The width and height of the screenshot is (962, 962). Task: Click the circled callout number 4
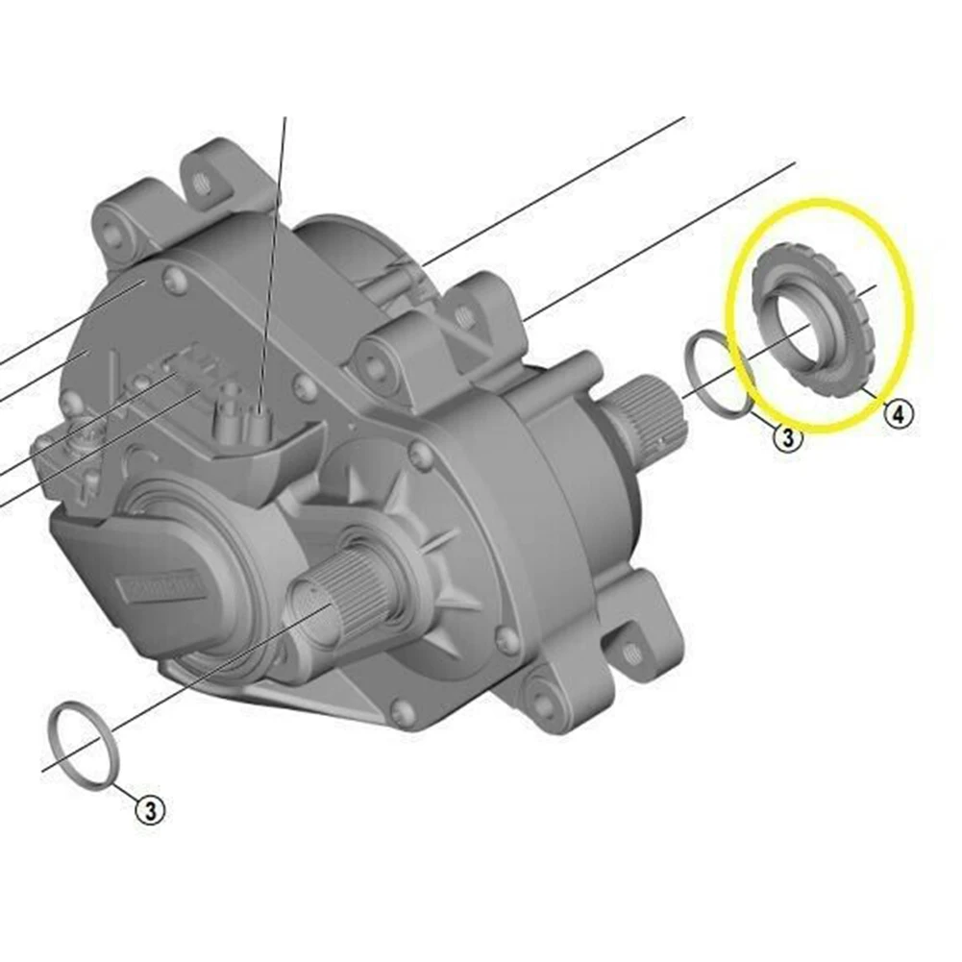click(x=898, y=414)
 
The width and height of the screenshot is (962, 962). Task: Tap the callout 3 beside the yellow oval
click(x=786, y=438)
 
